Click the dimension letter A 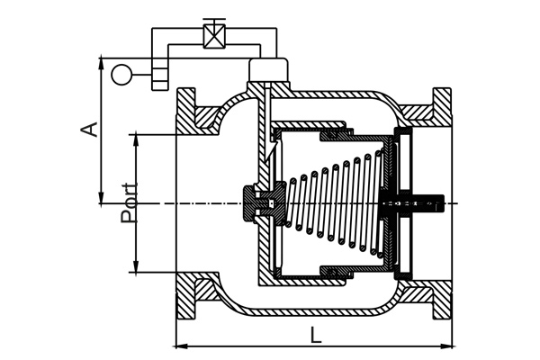coord(88,130)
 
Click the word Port coord(129,202)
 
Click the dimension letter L coord(315,335)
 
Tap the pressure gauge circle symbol coord(121,75)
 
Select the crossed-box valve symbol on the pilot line coord(214,36)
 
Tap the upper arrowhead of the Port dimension coord(137,140)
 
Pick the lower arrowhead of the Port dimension coord(137,266)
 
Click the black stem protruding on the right coord(427,203)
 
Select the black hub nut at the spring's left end coord(265,203)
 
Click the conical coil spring coord(336,203)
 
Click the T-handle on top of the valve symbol coord(214,22)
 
